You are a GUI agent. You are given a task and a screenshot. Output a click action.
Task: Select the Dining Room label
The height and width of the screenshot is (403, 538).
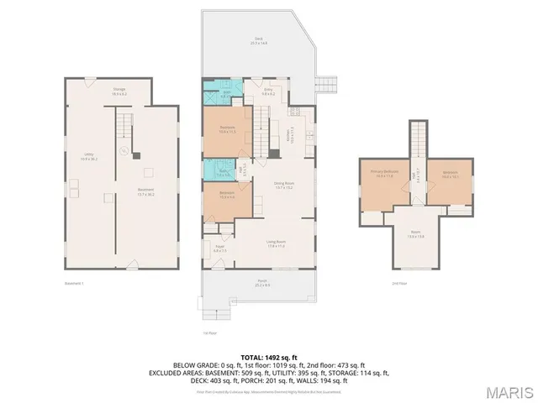[x=283, y=185]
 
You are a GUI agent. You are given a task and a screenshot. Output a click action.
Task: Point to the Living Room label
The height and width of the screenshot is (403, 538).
[x=276, y=244]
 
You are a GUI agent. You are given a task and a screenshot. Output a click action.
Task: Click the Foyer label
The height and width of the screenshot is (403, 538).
[x=220, y=249]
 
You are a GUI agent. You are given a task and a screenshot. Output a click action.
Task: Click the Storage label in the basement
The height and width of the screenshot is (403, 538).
[x=119, y=90]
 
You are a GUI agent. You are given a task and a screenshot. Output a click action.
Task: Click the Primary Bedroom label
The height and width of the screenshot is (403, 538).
[x=382, y=174]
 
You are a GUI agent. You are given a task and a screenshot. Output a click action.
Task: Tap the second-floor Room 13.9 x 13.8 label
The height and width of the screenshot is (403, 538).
[x=416, y=236]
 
